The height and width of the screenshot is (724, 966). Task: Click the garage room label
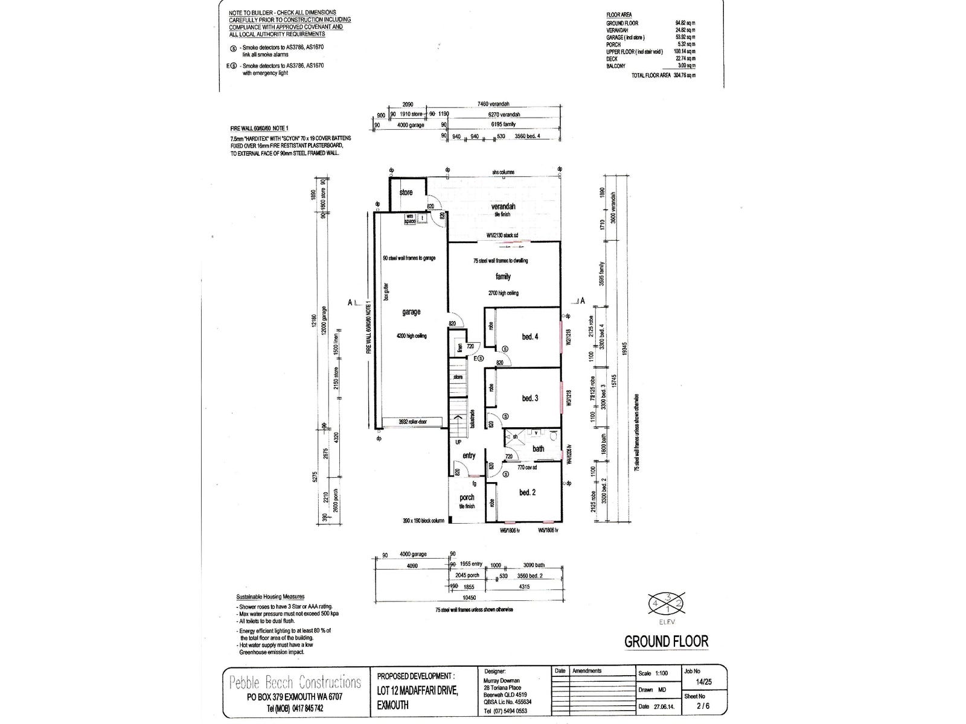point(411,312)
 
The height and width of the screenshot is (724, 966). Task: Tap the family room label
point(503,276)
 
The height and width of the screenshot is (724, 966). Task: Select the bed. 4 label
point(529,337)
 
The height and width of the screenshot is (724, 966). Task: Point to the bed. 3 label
point(529,398)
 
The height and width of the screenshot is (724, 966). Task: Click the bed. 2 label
point(527,492)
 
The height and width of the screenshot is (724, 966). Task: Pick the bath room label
point(538,448)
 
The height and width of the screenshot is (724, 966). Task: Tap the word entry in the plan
point(469,456)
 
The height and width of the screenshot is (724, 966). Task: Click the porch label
point(467,498)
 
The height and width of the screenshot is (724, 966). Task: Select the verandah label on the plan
point(503,206)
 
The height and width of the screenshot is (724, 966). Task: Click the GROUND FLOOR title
point(666,641)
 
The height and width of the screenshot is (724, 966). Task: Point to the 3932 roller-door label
point(412,422)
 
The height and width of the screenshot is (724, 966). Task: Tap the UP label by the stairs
point(458,442)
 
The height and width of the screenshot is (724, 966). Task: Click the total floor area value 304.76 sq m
point(685,75)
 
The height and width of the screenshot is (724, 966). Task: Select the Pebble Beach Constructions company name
point(295,682)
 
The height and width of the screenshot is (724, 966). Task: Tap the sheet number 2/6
point(702,706)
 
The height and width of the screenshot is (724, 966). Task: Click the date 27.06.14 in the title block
point(664,707)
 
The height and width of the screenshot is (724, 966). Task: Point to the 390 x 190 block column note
point(423,519)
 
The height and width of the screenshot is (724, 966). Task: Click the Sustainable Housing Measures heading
point(270,596)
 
